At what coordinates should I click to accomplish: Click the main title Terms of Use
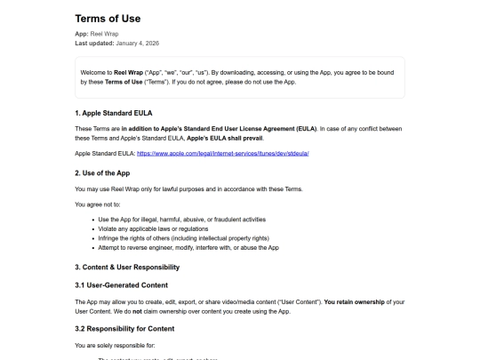pyautogui.click(x=108, y=18)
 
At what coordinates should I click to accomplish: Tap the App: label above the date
pyautogui.click(x=82, y=34)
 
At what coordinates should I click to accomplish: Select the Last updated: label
pyautogui.click(x=93, y=43)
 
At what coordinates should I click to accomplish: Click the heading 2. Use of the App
pyautogui.click(x=102, y=172)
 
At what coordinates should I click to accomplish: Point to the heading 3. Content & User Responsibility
pyautogui.click(x=127, y=267)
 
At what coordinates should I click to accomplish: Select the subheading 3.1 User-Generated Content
pyautogui.click(x=121, y=284)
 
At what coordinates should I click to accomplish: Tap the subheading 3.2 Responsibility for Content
pyautogui.click(x=124, y=328)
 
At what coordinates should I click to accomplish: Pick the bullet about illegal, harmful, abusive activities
pyautogui.click(x=181, y=219)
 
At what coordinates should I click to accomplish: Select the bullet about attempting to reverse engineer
pyautogui.click(x=188, y=247)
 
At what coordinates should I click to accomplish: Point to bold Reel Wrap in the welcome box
pyautogui.click(x=127, y=72)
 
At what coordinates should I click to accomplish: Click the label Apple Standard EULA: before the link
pyautogui.click(x=105, y=154)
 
